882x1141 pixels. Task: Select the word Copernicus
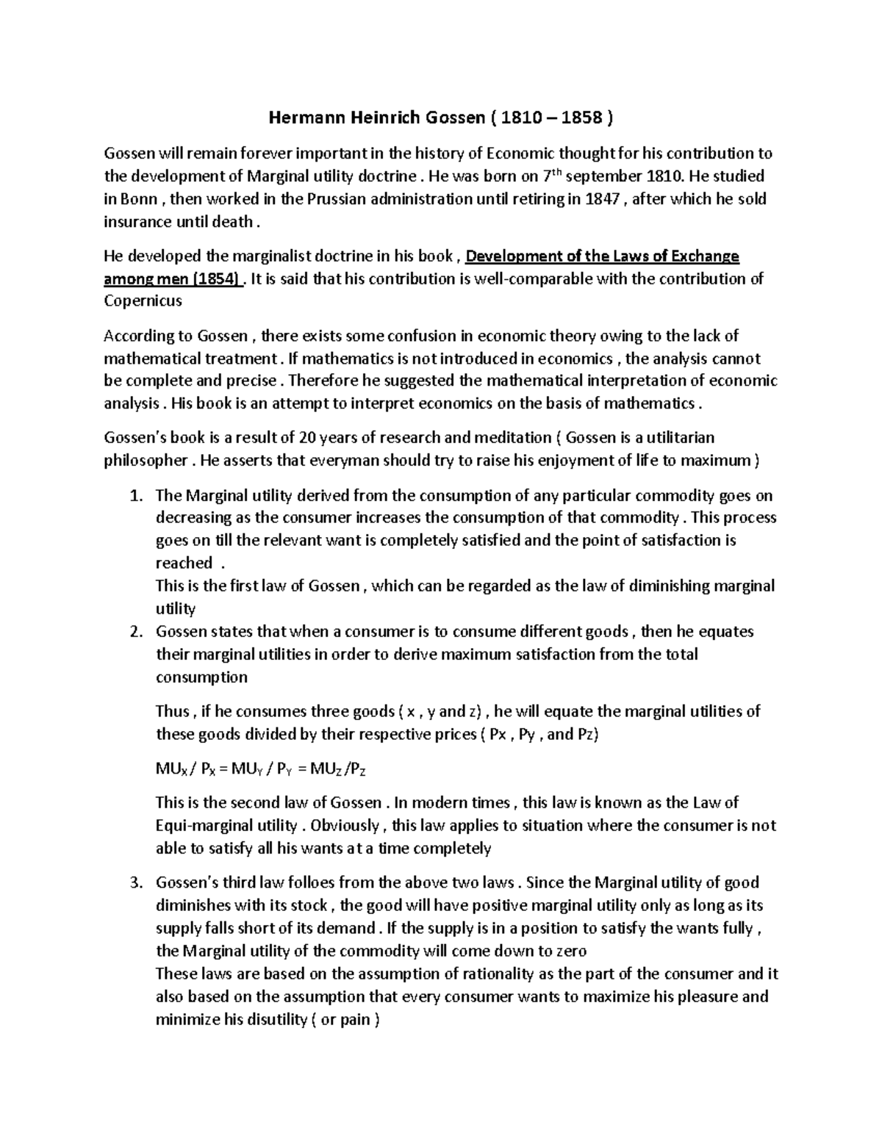coord(143,301)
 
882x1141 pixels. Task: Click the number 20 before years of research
coord(309,438)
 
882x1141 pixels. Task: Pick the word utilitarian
coord(675,438)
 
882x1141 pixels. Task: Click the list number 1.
coord(135,496)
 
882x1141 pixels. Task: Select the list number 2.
coord(135,633)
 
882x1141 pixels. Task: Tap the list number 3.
coord(135,883)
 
